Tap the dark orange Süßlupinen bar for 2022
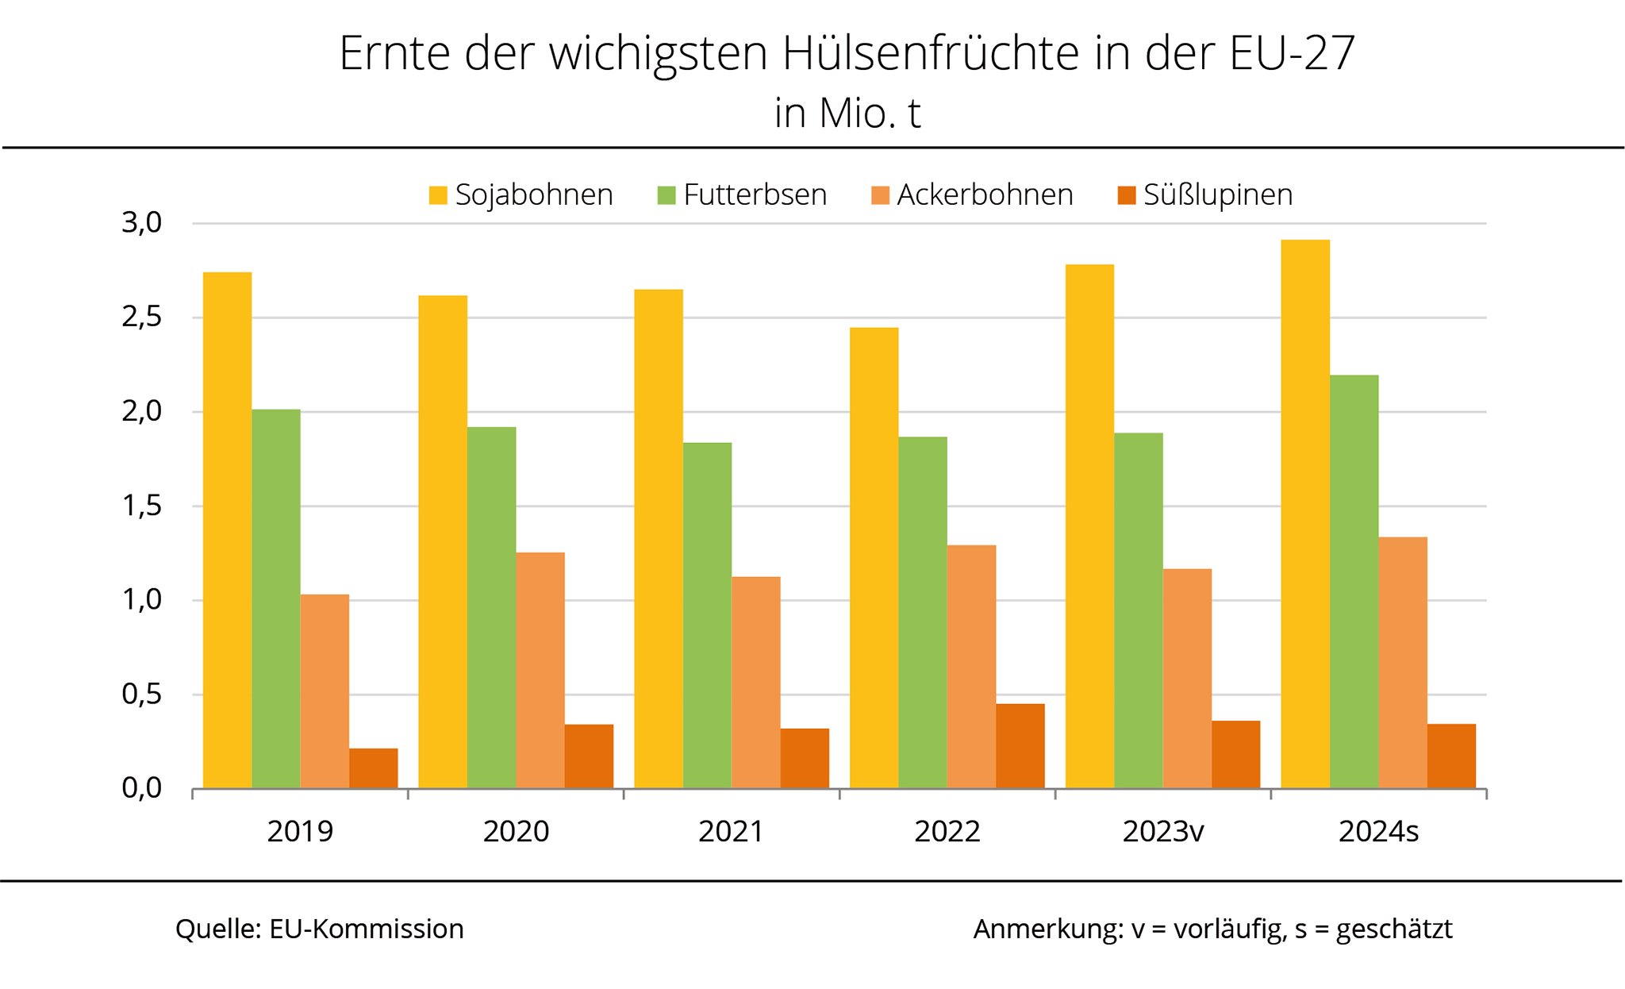click(1020, 746)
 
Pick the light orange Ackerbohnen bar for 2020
click(540, 671)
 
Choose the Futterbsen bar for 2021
click(707, 615)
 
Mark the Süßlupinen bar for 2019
click(373, 768)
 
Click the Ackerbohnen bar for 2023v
click(1186, 679)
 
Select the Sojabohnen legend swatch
click(438, 195)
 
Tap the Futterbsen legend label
click(755, 195)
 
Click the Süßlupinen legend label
click(1217, 195)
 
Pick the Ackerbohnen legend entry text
click(984, 195)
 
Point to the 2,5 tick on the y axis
click(141, 317)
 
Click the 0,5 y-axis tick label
click(141, 695)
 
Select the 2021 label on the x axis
click(731, 831)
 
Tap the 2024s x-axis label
click(1378, 831)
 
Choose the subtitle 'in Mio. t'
click(847, 113)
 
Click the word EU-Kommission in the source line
click(366, 929)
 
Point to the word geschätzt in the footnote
click(1393, 929)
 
